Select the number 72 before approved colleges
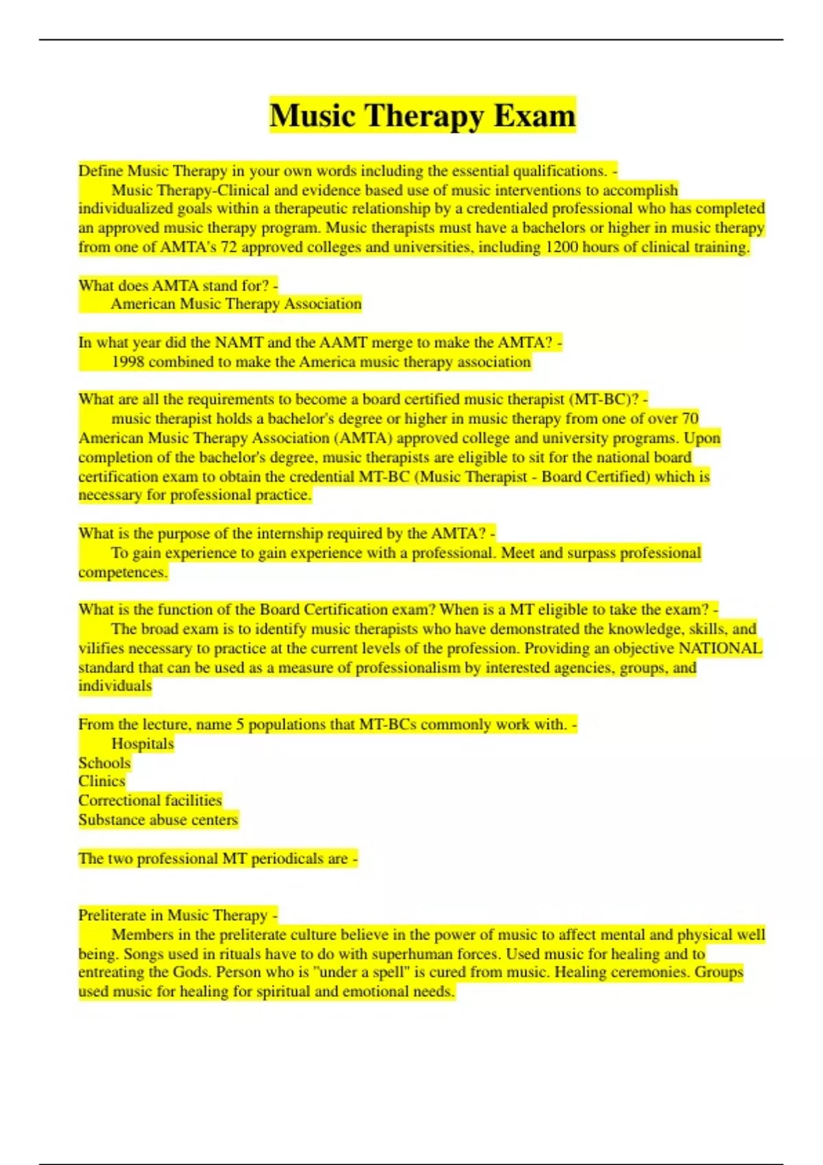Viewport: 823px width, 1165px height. point(228,247)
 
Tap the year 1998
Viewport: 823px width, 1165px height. point(128,362)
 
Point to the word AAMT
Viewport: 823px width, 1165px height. point(343,343)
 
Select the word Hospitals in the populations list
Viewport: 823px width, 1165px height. point(143,744)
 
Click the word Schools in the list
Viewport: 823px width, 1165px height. point(104,763)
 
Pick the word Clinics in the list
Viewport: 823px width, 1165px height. point(102,781)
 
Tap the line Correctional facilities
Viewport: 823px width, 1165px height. point(150,800)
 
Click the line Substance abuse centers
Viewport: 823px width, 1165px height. point(158,820)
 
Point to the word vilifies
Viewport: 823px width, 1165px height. point(101,648)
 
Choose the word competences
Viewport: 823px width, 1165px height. point(123,572)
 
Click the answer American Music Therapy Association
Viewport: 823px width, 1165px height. point(236,304)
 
